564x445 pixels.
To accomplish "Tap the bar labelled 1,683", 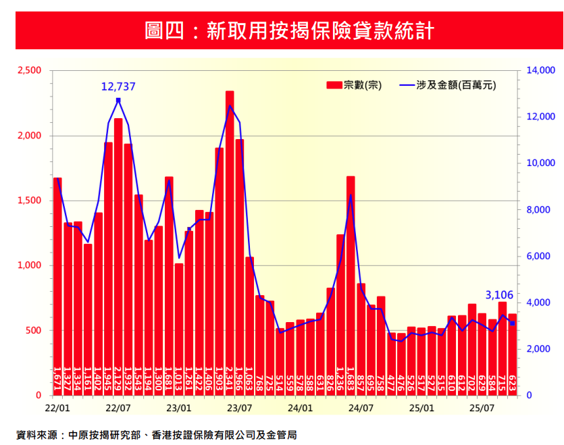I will pos(351,284).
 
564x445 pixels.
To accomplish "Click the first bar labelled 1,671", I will pos(58,284).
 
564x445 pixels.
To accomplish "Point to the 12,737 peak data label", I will pos(118,86).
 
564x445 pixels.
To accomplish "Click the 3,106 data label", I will pos(500,295).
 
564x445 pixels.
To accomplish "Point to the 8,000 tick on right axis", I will pos(540,210).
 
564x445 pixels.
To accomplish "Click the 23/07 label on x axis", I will pos(239,409).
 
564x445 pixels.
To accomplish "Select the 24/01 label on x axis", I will pos(300,409).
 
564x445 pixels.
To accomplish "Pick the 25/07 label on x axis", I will pos(482,409).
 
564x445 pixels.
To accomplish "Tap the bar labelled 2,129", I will pos(118,257).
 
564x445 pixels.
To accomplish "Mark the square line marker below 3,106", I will pos(513,323).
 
